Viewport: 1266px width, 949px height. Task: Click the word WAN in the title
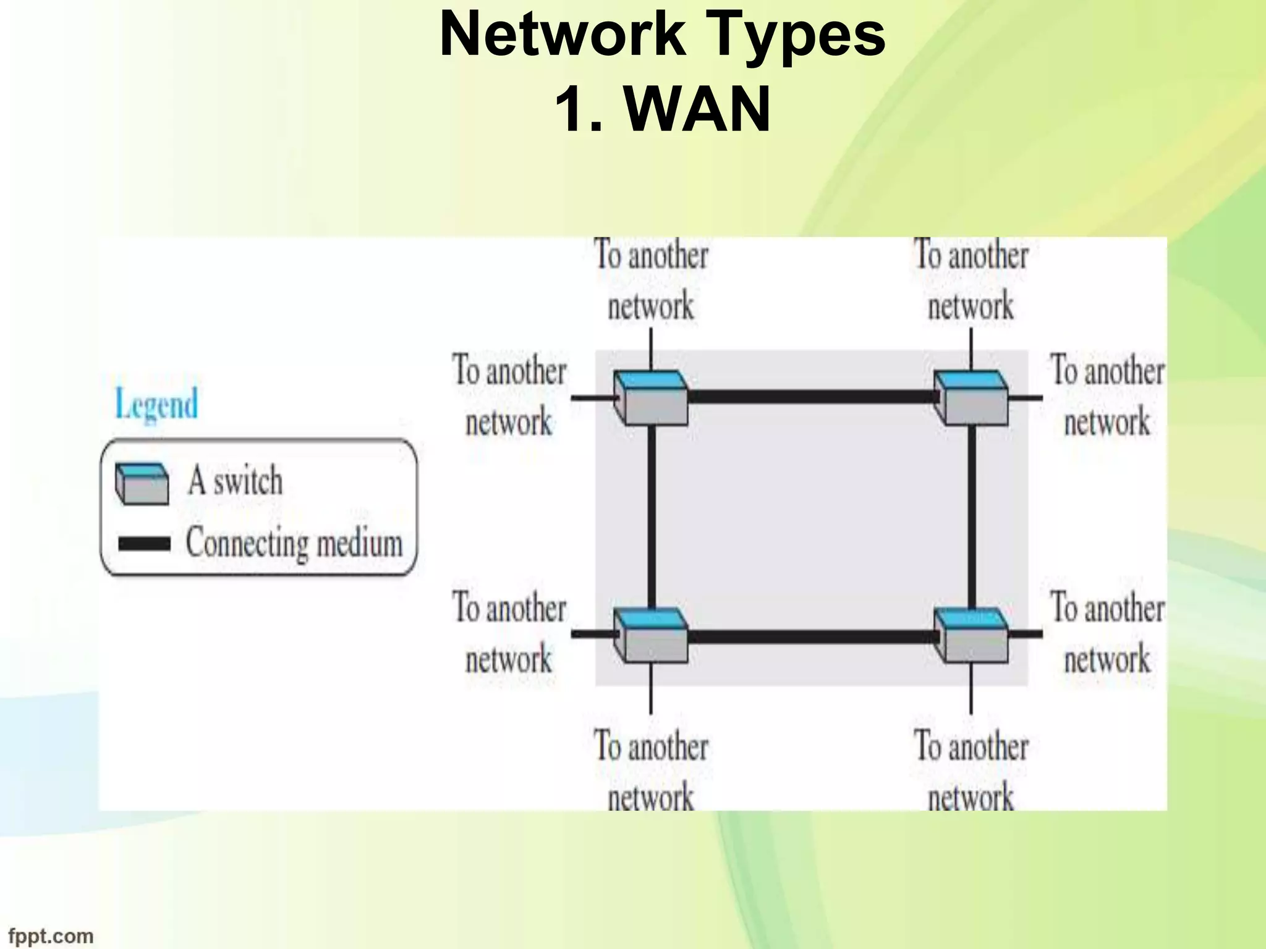pos(697,110)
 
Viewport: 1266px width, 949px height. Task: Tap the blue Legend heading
pos(157,405)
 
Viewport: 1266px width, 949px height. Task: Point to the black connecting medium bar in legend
pos(144,544)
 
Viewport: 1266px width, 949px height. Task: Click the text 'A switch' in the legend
pos(235,481)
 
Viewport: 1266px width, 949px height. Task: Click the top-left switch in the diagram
pos(651,398)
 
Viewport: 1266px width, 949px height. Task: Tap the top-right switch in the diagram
pos(971,398)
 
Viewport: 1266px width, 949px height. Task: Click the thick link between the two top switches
pos(810,396)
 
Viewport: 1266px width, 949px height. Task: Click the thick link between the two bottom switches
pos(810,636)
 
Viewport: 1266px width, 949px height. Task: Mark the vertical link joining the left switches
pos(651,516)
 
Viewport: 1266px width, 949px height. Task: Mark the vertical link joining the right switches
pos(971,516)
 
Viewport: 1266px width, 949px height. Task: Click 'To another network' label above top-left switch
pos(651,281)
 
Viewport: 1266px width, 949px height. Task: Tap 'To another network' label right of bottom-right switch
pos(1107,633)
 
